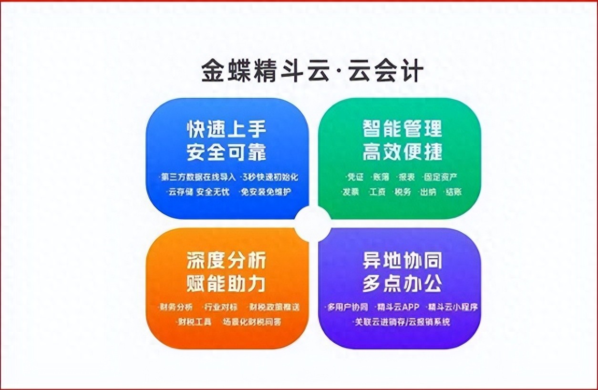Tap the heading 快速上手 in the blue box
pyautogui.click(x=226, y=129)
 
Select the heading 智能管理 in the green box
pyautogui.click(x=402, y=129)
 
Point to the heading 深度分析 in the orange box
pyautogui.click(x=226, y=260)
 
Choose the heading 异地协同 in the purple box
pyautogui.click(x=402, y=260)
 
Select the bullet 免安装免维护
pyautogui.click(x=266, y=192)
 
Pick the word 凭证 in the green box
pyautogui.click(x=355, y=177)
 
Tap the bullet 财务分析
pyautogui.click(x=176, y=307)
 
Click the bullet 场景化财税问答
pyautogui.click(x=252, y=322)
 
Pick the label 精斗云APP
pyautogui.click(x=398, y=307)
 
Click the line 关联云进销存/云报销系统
pyautogui.click(x=402, y=322)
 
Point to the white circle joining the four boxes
pyautogui.click(x=313, y=224)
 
